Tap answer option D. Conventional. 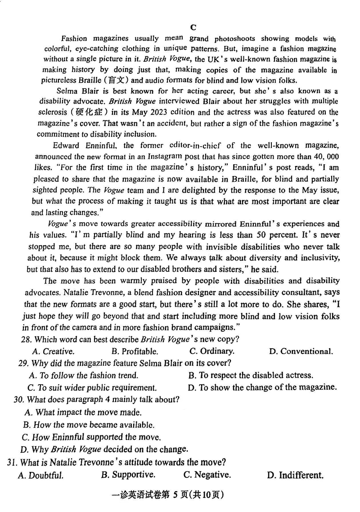pyautogui.click(x=301, y=351)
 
